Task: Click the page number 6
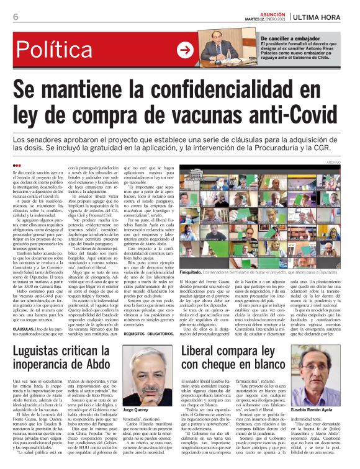pyautogui.click(x=16, y=17)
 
